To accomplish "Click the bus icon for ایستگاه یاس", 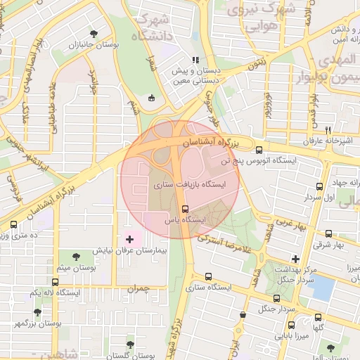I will [x=186, y=209].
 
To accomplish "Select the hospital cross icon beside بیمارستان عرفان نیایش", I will [x=129, y=240].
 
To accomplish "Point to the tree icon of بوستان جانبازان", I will [x=94, y=33].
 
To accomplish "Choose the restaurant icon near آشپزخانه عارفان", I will [x=328, y=130].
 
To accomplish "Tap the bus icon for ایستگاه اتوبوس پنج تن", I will [x=259, y=150].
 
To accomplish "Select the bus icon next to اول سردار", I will [x=320, y=186].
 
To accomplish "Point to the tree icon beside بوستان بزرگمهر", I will [x=37, y=311].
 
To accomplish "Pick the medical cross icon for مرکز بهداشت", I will [x=295, y=259].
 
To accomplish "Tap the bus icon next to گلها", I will [x=319, y=317].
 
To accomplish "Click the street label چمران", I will [x=139, y=288].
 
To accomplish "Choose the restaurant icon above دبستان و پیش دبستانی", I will [x=195, y=60].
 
